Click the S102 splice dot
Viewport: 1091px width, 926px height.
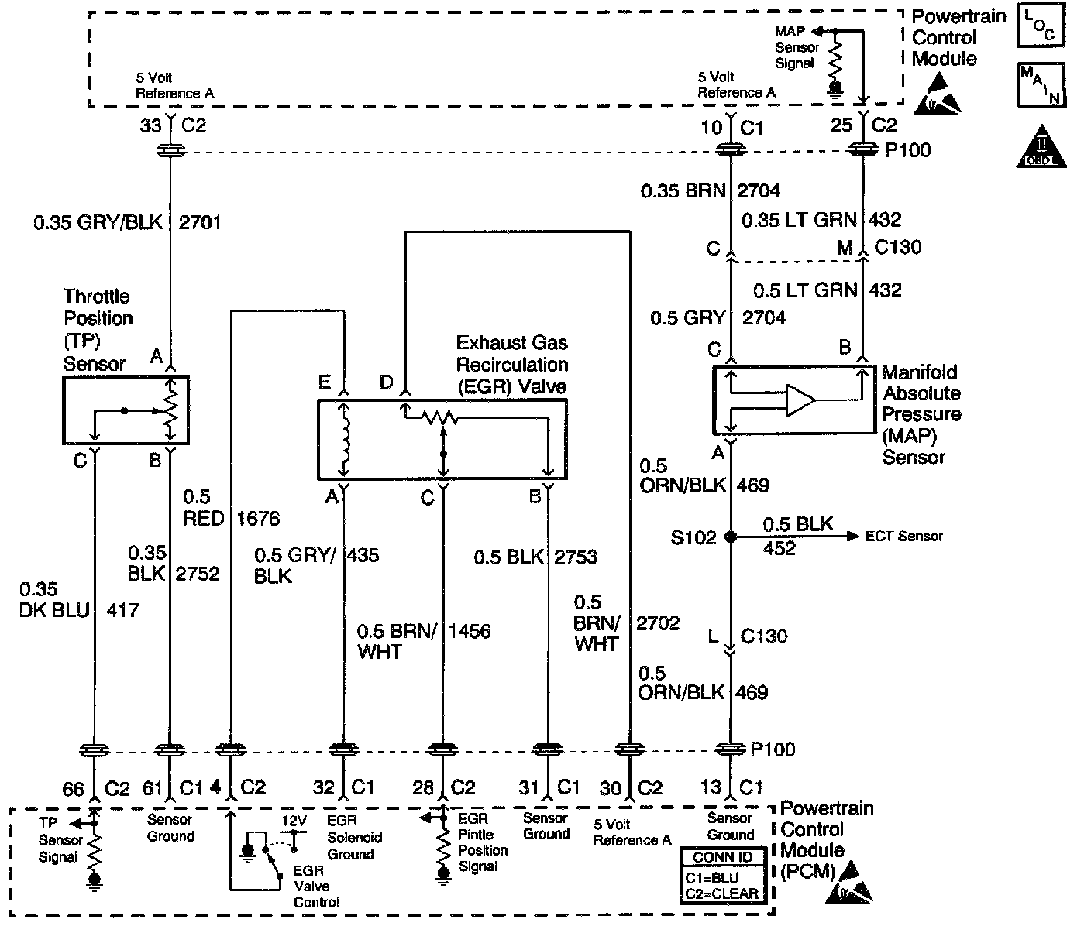[731, 537]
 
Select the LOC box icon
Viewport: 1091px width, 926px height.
[1041, 26]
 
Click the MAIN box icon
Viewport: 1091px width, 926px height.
[1041, 85]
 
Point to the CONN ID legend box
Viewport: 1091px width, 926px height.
[723, 876]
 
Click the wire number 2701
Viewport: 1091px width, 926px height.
[199, 222]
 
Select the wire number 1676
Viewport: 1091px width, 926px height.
[258, 519]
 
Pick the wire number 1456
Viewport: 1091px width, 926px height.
[470, 631]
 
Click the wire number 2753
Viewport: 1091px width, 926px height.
[576, 557]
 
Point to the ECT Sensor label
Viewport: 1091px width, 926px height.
[904, 537]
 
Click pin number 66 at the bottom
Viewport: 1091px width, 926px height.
[74, 790]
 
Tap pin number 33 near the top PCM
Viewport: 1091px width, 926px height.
[150, 126]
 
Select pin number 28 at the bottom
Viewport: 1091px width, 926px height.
[423, 788]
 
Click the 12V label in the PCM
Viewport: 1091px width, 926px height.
[294, 821]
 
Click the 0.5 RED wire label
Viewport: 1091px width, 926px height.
[204, 508]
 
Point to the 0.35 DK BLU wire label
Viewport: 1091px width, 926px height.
[54, 599]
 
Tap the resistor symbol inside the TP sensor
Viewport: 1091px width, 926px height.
[170, 410]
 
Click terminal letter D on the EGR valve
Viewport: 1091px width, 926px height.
[387, 382]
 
